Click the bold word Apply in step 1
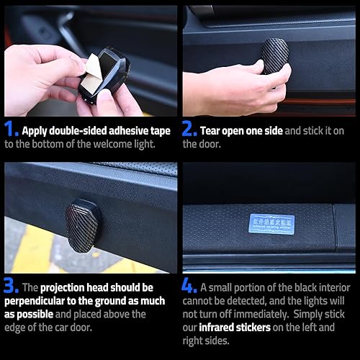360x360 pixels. [35, 132]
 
